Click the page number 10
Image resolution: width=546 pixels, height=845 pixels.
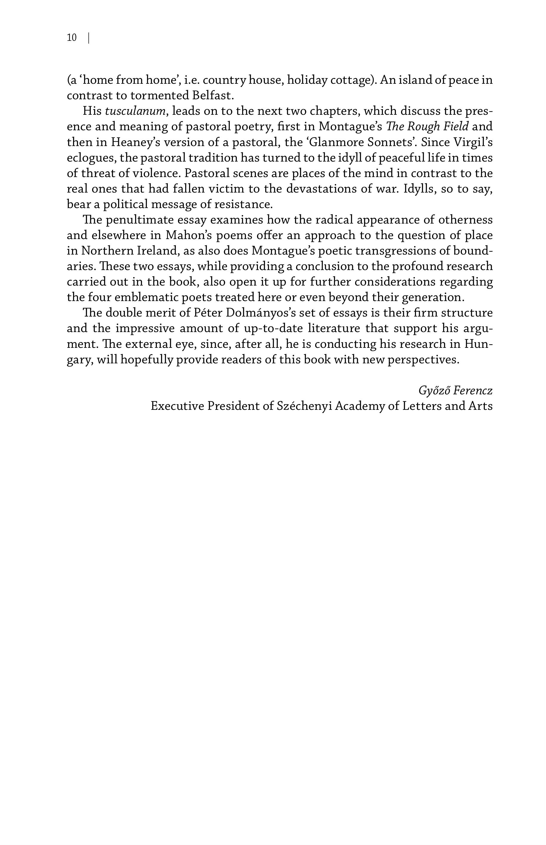point(72,38)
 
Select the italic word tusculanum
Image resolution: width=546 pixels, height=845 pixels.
point(135,111)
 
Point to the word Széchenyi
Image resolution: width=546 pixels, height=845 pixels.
point(304,406)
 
